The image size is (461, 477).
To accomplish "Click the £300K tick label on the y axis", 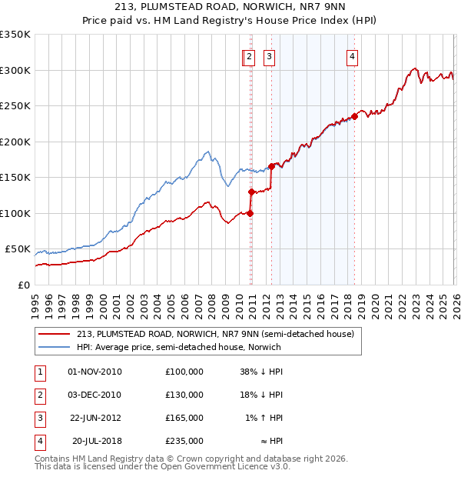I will coord(15,70).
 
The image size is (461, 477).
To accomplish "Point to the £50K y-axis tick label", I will coord(18,249).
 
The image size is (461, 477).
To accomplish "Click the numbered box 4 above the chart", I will coord(352,55).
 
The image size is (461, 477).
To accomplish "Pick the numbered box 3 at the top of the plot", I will coord(270,55).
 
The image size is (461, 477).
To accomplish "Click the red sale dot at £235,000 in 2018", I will coord(354,117).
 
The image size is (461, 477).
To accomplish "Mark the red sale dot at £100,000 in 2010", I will coord(250,213).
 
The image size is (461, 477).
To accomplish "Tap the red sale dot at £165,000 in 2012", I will coord(271,166).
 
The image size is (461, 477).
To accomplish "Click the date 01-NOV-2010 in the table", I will coord(95,372).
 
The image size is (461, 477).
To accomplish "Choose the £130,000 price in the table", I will coord(184,395).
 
